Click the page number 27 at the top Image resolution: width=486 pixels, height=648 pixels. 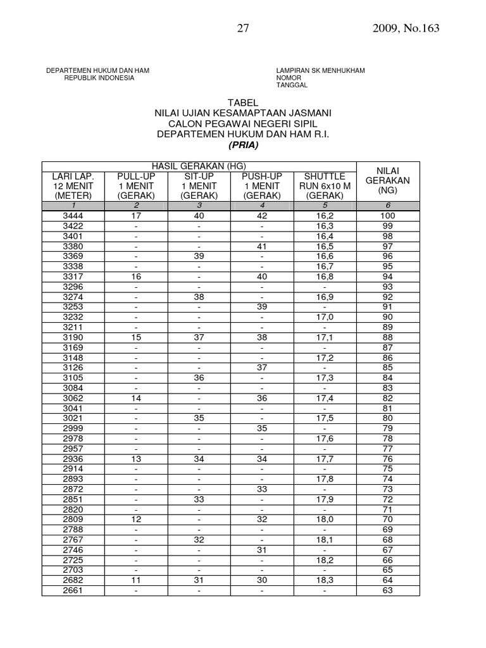[242, 28]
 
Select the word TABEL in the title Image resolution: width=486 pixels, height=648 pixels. [243, 103]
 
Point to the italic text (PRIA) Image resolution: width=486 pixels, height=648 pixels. [243, 144]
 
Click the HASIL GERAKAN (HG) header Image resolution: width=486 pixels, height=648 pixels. [199, 166]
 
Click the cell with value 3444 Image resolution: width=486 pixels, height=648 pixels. [73, 216]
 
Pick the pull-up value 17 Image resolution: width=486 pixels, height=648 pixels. [136, 216]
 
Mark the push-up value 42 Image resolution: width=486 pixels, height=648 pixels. [262, 216]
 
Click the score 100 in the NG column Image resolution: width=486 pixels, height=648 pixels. [387, 216]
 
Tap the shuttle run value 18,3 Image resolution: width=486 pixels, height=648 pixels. [325, 580]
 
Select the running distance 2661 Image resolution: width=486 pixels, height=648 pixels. [73, 590]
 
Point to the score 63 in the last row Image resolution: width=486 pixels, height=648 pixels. [387, 590]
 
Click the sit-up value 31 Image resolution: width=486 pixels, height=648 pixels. [199, 580]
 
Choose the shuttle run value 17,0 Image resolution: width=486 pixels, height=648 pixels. [325, 317]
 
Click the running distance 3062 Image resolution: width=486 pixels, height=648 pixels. [73, 398]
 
